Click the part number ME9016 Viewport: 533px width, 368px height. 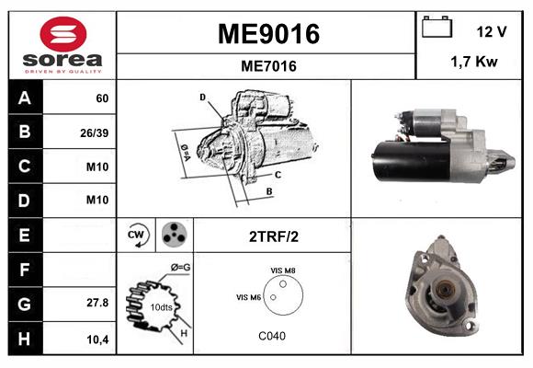[267, 34]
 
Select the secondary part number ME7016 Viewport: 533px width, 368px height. [267, 65]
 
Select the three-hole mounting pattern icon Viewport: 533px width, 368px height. [172, 235]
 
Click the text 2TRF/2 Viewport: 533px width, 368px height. [273, 236]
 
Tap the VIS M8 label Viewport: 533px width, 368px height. [282, 270]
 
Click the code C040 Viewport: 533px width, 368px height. [272, 336]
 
